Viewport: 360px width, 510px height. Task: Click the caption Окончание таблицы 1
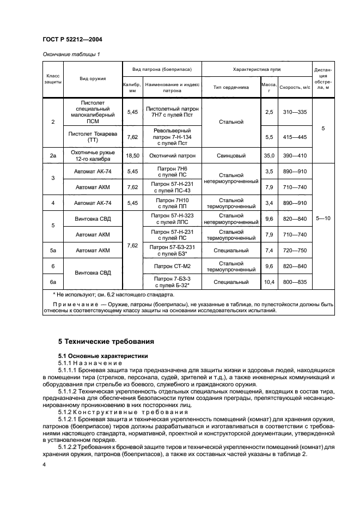pyautogui.click(x=71, y=54)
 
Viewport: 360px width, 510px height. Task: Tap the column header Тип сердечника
pyautogui.click(x=231, y=87)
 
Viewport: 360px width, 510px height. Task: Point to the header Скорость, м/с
pyautogui.click(x=295, y=87)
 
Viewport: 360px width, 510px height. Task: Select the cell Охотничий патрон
pyautogui.click(x=172, y=156)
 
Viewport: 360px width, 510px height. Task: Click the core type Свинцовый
pyautogui.click(x=231, y=156)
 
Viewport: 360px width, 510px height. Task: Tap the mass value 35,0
pyautogui.click(x=269, y=156)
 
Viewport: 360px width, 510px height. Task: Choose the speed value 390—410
pyautogui.click(x=295, y=156)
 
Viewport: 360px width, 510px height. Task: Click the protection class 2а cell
pyautogui.click(x=53, y=156)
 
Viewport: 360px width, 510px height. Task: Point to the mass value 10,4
pyautogui.click(x=269, y=282)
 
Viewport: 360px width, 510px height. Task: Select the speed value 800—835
pyautogui.click(x=295, y=282)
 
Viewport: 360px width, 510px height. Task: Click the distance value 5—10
pyautogui.click(x=323, y=218)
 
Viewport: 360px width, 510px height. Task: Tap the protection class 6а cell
pyautogui.click(x=53, y=282)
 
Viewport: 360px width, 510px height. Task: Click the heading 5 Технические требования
pyautogui.click(x=106, y=342)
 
